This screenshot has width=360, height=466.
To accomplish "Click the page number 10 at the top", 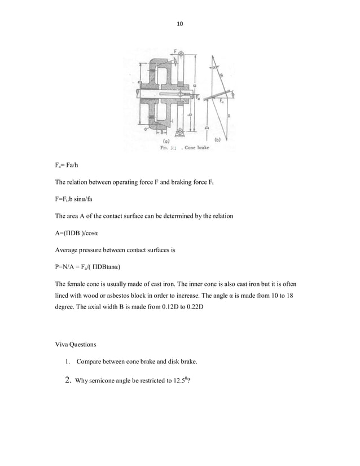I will coord(180,24).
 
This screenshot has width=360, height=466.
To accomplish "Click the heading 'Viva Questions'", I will coord(77,343).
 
